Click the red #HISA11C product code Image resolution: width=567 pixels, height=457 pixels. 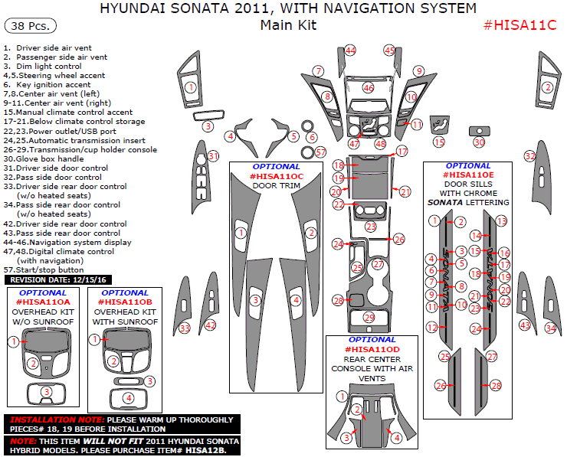(520, 24)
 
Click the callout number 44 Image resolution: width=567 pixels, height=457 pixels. (350, 51)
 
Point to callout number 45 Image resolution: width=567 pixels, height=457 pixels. (389, 51)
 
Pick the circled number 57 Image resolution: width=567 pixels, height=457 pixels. (320, 152)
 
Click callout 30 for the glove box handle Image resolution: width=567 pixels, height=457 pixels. (479, 142)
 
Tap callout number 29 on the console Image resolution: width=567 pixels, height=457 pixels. (369, 317)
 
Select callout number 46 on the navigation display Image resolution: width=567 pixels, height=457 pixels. (369, 88)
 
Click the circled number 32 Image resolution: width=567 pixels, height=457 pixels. (529, 155)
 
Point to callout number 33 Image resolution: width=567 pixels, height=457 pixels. (184, 328)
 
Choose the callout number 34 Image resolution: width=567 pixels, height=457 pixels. (550, 328)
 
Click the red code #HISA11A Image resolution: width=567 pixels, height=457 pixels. (43, 302)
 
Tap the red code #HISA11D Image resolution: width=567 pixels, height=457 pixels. (372, 348)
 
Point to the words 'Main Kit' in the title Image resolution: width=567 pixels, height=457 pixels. (287, 24)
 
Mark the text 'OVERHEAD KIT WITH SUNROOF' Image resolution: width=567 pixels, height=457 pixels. (126, 317)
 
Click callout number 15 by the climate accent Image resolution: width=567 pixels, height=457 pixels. (438, 142)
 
